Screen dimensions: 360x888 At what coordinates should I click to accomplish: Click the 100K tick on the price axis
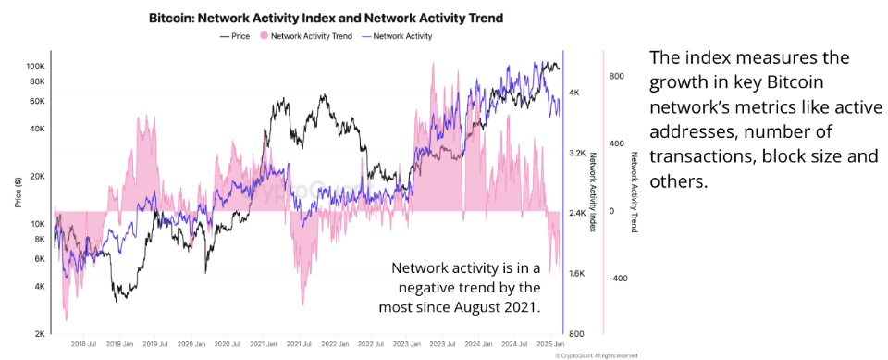pyautogui.click(x=36, y=67)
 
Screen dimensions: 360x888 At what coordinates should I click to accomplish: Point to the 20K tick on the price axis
pyautogui.click(x=38, y=176)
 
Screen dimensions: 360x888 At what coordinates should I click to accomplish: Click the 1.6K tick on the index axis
pyautogui.click(x=576, y=274)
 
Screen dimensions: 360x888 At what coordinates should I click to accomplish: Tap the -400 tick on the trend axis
pyautogui.click(x=617, y=278)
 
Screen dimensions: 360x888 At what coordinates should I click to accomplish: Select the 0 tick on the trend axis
pyautogui.click(x=611, y=211)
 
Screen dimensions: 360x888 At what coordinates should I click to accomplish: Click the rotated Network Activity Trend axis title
pyautogui.click(x=634, y=193)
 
